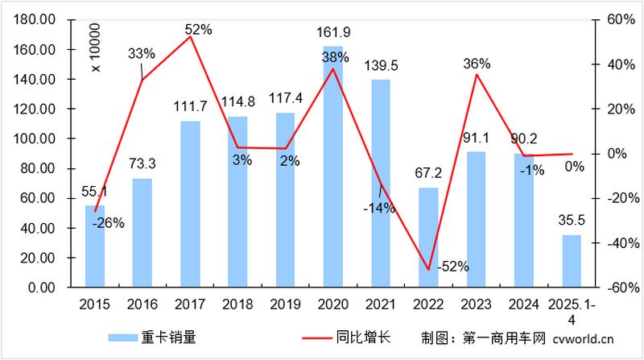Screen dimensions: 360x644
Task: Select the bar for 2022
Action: pos(428,238)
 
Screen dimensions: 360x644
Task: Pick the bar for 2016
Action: pos(142,233)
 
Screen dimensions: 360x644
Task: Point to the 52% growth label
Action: pos(198,30)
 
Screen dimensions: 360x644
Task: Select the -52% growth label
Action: pos(452,267)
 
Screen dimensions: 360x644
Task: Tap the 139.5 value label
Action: pos(382,65)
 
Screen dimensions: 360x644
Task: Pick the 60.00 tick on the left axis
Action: pos(39,198)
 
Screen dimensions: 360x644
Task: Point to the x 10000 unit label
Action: pos(96,48)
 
